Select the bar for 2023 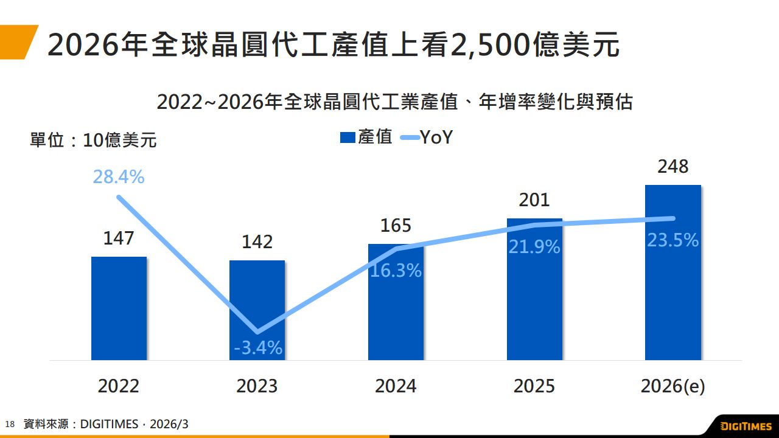pyautogui.click(x=257, y=304)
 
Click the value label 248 pyautogui.click(x=672, y=167)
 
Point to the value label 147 pyautogui.click(x=119, y=238)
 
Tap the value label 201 pyautogui.click(x=534, y=200)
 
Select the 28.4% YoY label pyautogui.click(x=119, y=177)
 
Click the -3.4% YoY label pyautogui.click(x=258, y=348)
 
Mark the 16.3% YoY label pyautogui.click(x=396, y=271)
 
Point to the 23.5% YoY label pyautogui.click(x=672, y=240)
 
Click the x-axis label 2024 pyautogui.click(x=396, y=386)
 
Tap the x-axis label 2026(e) pyautogui.click(x=672, y=386)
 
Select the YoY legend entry pyautogui.click(x=427, y=137)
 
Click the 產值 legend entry pyautogui.click(x=366, y=137)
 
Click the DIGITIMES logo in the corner pyautogui.click(x=746, y=426)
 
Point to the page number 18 pyautogui.click(x=9, y=424)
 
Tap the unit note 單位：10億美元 pyautogui.click(x=93, y=141)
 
